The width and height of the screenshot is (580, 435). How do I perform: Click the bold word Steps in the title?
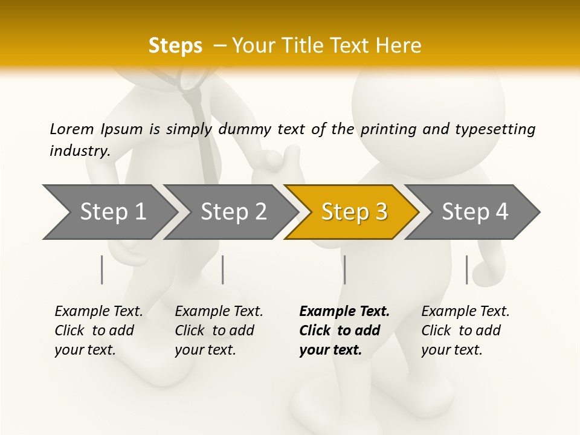(x=175, y=46)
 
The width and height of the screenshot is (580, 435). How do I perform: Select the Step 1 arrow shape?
(x=109, y=212)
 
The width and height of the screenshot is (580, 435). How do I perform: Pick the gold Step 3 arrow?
(x=353, y=212)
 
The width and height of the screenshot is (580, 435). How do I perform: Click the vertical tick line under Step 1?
(x=102, y=269)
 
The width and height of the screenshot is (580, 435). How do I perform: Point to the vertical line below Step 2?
(x=223, y=269)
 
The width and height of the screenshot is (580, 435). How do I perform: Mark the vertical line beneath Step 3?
(x=344, y=269)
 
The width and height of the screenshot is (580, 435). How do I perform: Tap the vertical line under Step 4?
(x=466, y=269)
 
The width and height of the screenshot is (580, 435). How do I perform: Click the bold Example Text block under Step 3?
(x=344, y=330)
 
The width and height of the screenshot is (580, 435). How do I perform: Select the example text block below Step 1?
(x=98, y=330)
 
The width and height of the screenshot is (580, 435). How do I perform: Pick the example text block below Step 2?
(x=219, y=330)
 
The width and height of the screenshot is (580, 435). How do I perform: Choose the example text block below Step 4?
(x=465, y=330)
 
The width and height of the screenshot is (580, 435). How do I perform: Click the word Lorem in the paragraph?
(x=72, y=129)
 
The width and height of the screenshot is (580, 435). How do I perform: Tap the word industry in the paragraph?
(x=80, y=151)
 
